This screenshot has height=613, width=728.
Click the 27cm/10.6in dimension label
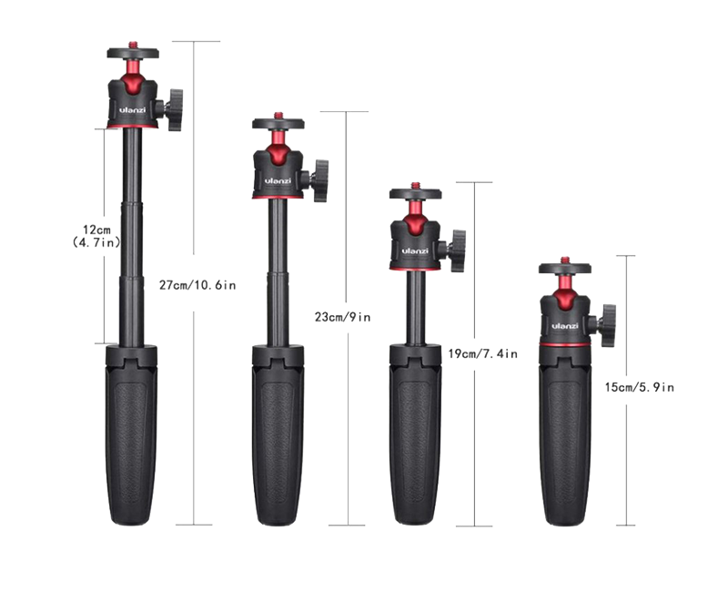[197, 285]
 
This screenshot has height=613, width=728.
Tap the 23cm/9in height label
[343, 317]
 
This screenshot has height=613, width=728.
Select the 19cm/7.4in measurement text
[483, 353]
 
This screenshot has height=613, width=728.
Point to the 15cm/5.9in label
[640, 387]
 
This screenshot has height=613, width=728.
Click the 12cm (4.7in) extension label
[96, 236]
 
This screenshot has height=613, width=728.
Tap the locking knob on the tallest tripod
[174, 109]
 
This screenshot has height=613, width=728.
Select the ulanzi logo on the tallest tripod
[132, 110]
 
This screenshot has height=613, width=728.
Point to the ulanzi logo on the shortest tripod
[564, 326]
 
